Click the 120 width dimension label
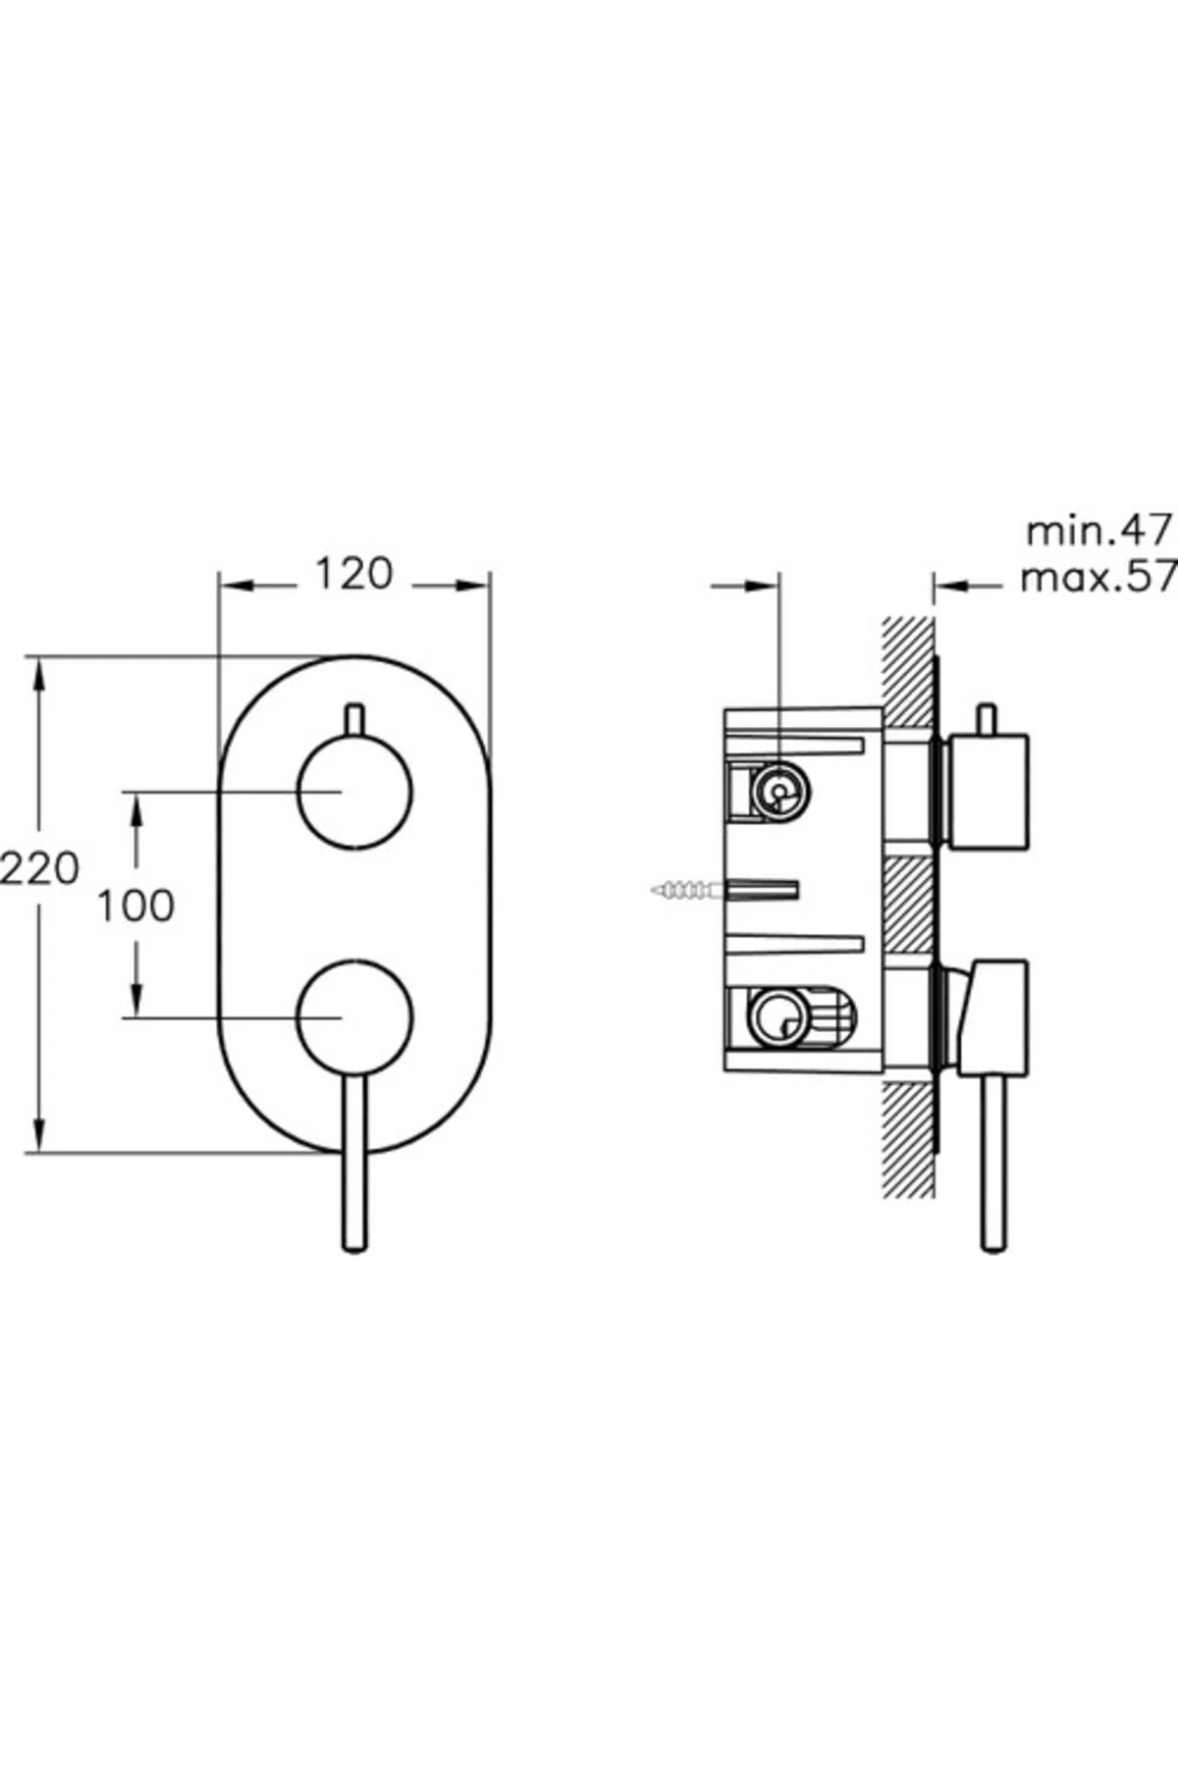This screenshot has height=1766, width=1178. pyautogui.click(x=353, y=574)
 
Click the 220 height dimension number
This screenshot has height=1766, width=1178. pyautogui.click(x=39, y=868)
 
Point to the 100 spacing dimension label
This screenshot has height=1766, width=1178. pyautogui.click(x=135, y=906)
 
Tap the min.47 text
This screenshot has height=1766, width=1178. pyautogui.click(x=1099, y=531)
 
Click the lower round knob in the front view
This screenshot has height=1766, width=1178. pyautogui.click(x=354, y=1017)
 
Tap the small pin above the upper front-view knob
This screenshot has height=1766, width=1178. pyautogui.click(x=354, y=719)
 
